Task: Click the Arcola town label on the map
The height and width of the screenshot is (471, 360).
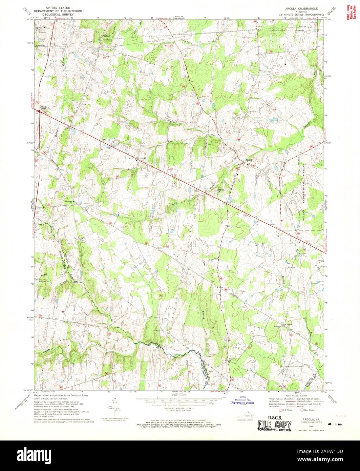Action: click(x=249, y=160)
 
